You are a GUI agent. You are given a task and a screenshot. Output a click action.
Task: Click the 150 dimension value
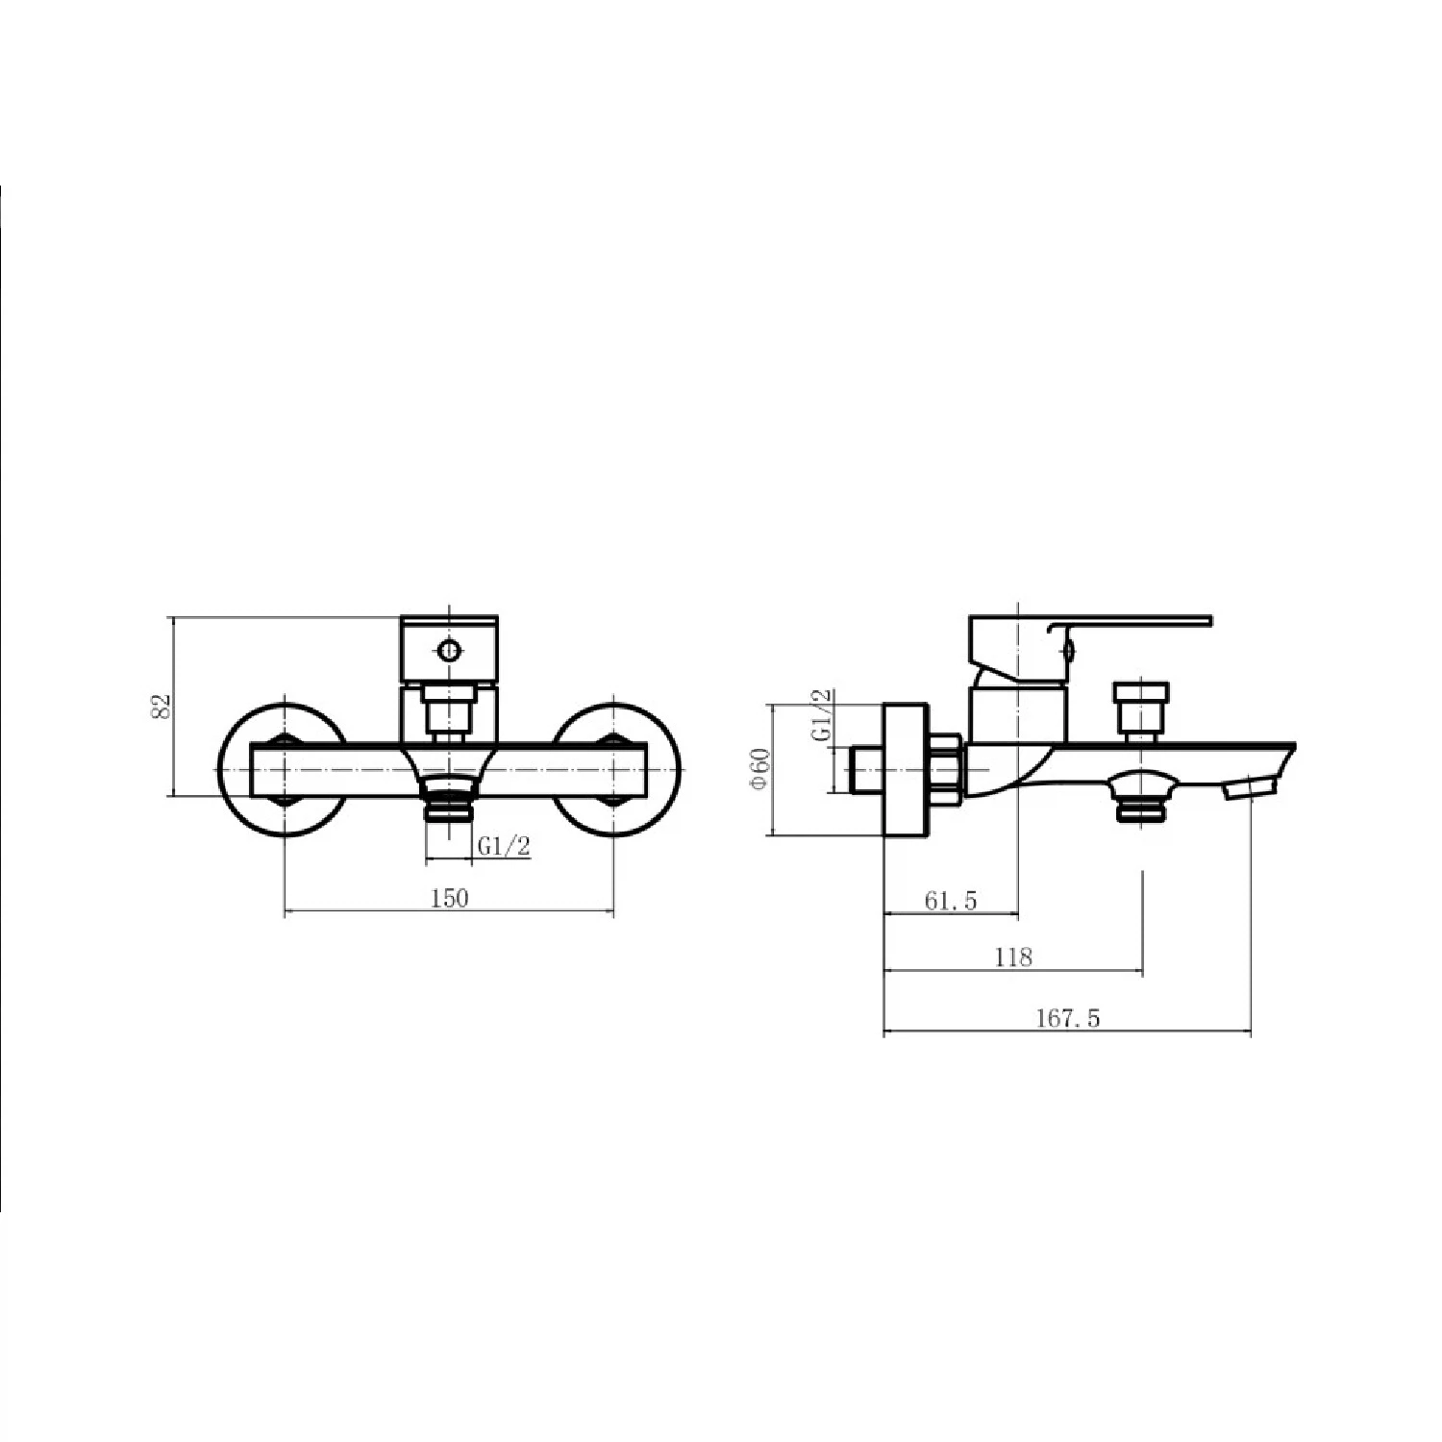pyautogui.click(x=450, y=898)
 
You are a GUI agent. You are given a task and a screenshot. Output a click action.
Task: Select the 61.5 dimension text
pyautogui.click(x=951, y=901)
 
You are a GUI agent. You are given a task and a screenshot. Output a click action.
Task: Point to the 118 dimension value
pyautogui.click(x=1013, y=957)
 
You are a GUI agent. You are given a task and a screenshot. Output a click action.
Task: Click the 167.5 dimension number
pyautogui.click(x=1067, y=1019)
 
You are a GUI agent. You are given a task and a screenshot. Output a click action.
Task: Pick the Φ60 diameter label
pyautogui.click(x=759, y=769)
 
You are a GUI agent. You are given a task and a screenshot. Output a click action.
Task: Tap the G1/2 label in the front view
pyautogui.click(x=505, y=847)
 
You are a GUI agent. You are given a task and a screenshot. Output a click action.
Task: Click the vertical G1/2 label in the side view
pyautogui.click(x=823, y=715)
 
